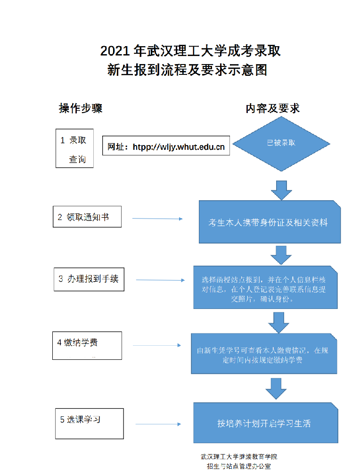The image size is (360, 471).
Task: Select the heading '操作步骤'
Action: (x=81, y=108)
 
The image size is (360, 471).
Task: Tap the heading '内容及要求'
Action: (x=273, y=108)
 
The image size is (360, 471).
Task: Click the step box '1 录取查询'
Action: (x=74, y=148)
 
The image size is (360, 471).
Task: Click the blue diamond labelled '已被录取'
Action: (x=281, y=143)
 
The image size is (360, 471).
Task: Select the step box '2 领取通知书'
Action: (x=87, y=217)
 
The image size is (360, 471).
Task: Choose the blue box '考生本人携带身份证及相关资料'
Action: (x=269, y=222)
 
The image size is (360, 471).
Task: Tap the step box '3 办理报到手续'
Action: (x=89, y=278)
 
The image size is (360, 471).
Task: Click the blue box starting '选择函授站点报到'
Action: (x=265, y=287)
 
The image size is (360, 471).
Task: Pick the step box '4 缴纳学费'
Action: (x=87, y=345)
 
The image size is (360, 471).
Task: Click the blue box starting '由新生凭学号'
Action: (x=264, y=354)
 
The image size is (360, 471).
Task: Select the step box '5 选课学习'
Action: (x=88, y=423)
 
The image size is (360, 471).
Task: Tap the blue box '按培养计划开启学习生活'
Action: (x=265, y=423)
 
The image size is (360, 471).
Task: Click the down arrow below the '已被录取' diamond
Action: (x=282, y=191)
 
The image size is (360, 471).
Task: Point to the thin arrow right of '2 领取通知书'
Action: (x=157, y=219)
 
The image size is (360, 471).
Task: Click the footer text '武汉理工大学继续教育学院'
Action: (x=239, y=457)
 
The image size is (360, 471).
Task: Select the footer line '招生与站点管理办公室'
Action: (x=239, y=466)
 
